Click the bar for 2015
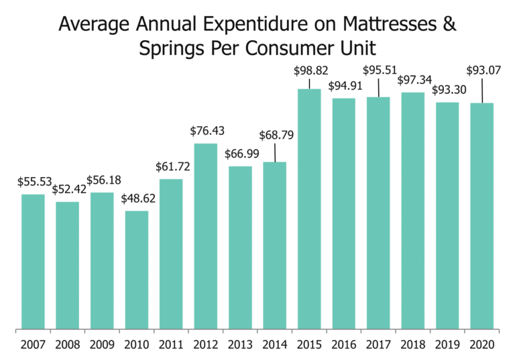click(x=309, y=209)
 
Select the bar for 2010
click(x=137, y=270)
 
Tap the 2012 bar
click(x=206, y=237)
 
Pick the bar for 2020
click(x=481, y=216)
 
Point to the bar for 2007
click(x=33, y=262)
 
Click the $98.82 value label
click(x=309, y=70)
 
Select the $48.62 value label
click(x=137, y=199)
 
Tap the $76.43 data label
click(x=206, y=131)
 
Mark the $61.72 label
click(x=172, y=167)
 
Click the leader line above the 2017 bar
click(x=378, y=87)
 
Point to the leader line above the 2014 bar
click(x=275, y=152)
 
